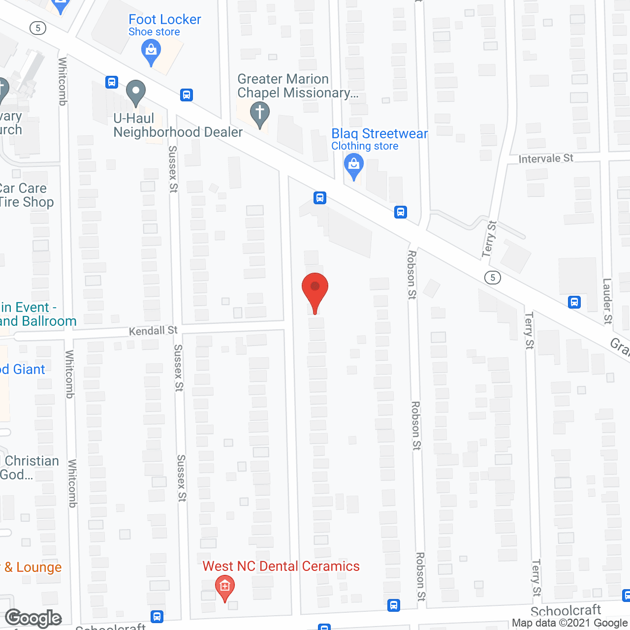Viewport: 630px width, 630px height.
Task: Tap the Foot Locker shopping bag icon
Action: pos(151,51)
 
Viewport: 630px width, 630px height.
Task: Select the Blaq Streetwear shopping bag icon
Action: pos(353,165)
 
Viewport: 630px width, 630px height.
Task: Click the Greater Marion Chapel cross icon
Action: pos(259,113)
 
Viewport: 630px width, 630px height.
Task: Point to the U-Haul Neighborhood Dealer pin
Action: pos(135,92)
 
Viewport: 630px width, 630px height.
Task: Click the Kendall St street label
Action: pos(153,331)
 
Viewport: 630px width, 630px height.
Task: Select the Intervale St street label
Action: pos(545,158)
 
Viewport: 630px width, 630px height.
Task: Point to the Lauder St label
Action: pos(608,301)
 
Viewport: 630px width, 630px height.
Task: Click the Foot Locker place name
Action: pos(164,20)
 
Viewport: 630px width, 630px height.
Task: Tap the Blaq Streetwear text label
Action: pos(379,134)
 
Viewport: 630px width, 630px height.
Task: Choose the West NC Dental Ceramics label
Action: pos(281,567)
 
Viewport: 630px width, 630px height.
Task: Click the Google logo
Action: pos(33,619)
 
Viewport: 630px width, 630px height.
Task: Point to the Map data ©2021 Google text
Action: pos(569,623)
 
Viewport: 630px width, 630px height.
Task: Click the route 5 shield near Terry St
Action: pos(492,278)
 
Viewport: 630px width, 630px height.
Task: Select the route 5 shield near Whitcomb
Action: pos(38,28)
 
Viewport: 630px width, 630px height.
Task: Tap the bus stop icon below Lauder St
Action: pos(574,302)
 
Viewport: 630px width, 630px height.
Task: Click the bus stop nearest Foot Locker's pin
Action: pos(186,94)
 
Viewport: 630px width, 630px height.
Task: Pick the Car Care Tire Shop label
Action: pos(25,195)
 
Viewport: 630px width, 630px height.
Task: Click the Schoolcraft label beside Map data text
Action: pos(566,611)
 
